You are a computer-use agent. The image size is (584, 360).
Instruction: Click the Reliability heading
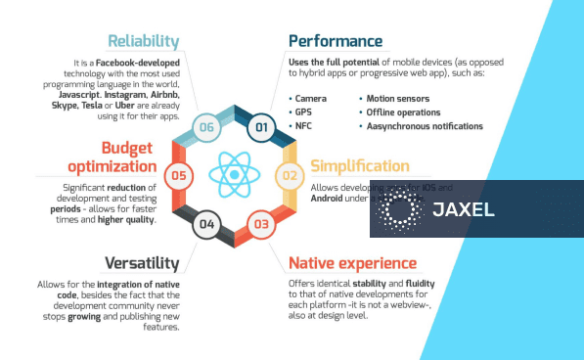pos(144,41)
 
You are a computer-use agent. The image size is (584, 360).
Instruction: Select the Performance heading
pos(335,41)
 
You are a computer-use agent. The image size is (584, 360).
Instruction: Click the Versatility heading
pos(142,262)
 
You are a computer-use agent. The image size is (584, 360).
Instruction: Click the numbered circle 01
pos(261,127)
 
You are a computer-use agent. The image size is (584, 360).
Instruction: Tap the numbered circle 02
pos(290,176)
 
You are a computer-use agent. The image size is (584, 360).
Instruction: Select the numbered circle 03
pos(261,225)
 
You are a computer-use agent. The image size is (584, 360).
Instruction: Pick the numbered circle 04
pos(206,225)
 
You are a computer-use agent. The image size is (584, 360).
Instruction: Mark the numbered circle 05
pos(178,176)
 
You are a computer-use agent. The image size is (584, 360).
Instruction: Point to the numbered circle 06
pos(206,127)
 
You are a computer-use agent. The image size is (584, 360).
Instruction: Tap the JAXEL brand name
pos(462,209)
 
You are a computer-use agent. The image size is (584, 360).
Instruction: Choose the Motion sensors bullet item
pos(400,99)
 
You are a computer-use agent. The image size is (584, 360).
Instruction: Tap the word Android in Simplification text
pos(330,197)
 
